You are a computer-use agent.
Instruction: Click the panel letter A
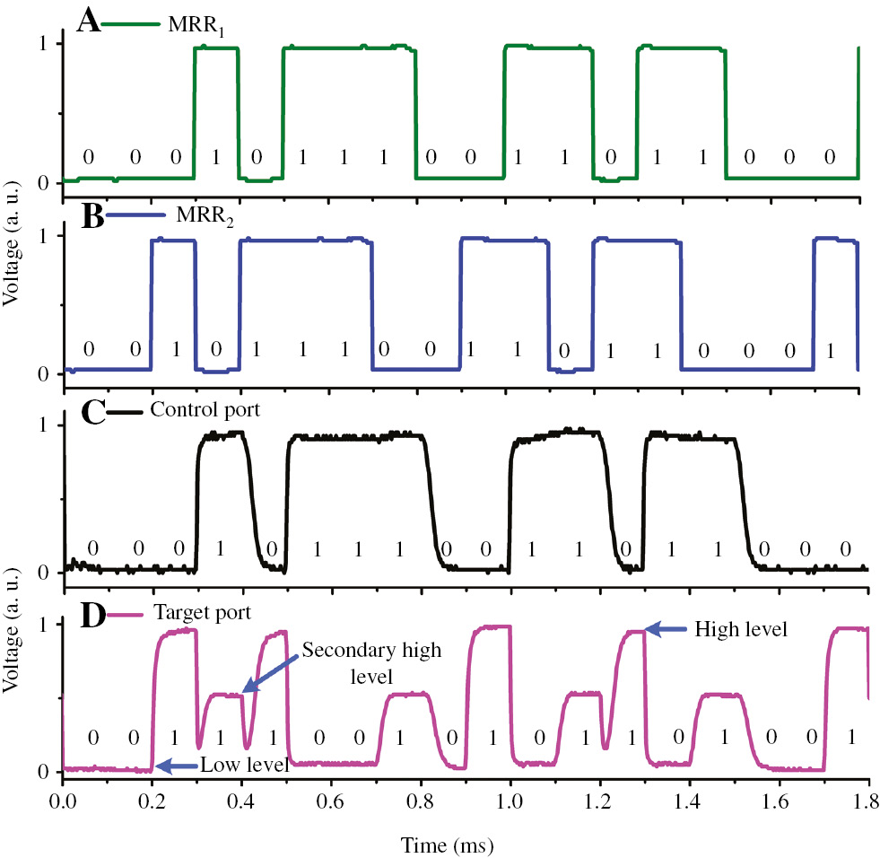[88, 20]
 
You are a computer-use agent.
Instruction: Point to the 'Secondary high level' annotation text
[371, 661]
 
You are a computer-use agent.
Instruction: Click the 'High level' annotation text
[741, 630]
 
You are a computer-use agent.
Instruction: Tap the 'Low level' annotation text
[243, 765]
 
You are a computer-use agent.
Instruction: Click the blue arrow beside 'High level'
[666, 631]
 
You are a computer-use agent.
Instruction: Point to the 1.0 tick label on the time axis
[510, 796]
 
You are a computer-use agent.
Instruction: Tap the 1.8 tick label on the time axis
[867, 796]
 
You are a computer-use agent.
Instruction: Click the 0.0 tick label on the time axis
[63, 796]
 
